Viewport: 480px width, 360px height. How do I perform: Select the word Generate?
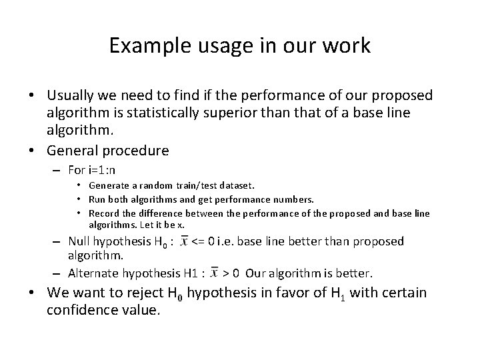point(109,185)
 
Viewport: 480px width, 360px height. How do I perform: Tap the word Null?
point(79,242)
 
